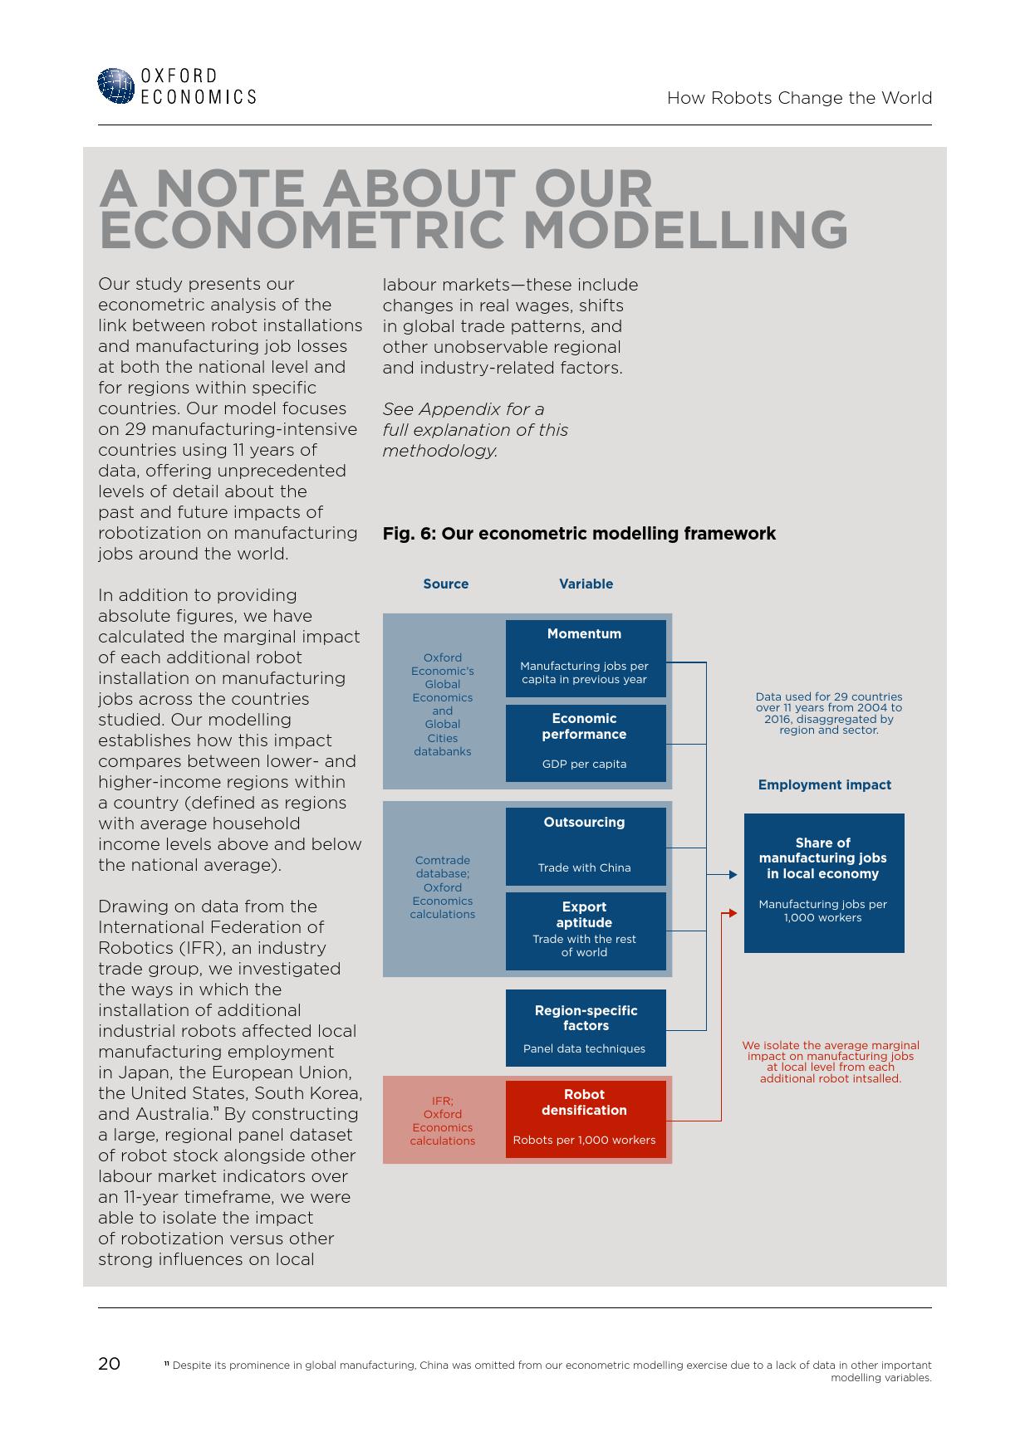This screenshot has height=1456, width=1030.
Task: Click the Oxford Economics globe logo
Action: tap(115, 86)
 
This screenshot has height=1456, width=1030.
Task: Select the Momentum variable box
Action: tap(586, 658)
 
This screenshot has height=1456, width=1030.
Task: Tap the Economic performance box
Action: tap(586, 743)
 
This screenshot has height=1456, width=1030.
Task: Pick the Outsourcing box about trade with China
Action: tap(586, 846)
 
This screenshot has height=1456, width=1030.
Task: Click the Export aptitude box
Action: tap(586, 931)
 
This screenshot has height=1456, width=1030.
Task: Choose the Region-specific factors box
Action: tap(586, 1028)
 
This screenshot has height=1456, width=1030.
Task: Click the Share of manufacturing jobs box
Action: tap(823, 882)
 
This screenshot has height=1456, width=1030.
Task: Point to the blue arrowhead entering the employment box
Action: tap(732, 875)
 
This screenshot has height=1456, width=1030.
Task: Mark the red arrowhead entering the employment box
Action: tap(732, 913)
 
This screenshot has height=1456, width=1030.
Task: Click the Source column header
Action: tap(446, 584)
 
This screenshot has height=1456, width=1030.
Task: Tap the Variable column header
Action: tap(586, 584)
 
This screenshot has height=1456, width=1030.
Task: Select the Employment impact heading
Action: tap(824, 784)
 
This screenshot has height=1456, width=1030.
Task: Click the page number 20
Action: tap(109, 1364)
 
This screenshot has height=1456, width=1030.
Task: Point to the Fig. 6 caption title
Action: tap(579, 534)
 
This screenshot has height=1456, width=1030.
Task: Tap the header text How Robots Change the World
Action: tap(799, 98)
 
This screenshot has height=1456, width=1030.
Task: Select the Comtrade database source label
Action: tap(443, 887)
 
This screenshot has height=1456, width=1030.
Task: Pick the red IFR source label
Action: tap(443, 1121)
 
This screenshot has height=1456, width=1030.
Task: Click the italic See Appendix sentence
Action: tap(474, 430)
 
